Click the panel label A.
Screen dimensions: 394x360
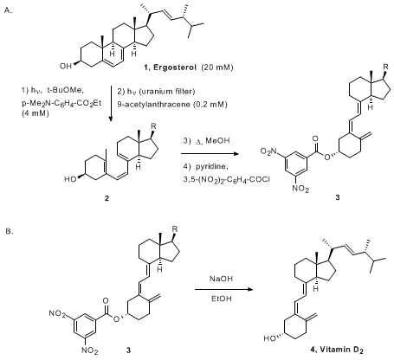point(9,10)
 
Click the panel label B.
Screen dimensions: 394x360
point(9,231)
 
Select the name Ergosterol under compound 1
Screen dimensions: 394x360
point(175,67)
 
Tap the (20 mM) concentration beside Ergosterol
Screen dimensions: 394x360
point(217,67)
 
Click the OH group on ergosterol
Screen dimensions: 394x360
point(66,67)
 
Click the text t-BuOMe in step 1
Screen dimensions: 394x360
point(65,91)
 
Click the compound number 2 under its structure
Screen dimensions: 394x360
point(107,198)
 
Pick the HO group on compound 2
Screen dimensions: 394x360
point(70,179)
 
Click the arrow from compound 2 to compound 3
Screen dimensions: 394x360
point(210,154)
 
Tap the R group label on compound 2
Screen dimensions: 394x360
point(153,126)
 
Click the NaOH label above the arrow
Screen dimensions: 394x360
point(221,279)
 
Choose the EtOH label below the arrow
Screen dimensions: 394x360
point(222,299)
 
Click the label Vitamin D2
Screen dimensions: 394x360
point(340,350)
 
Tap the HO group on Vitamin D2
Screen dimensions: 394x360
point(270,338)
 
